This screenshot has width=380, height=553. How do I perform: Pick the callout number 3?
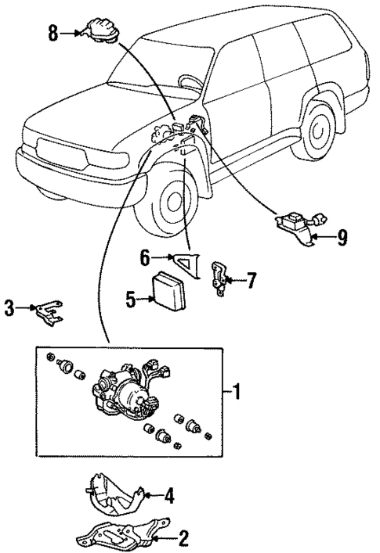[9, 310]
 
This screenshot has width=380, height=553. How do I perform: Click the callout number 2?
[184, 537]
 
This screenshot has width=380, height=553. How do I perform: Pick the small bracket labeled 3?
[49, 315]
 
